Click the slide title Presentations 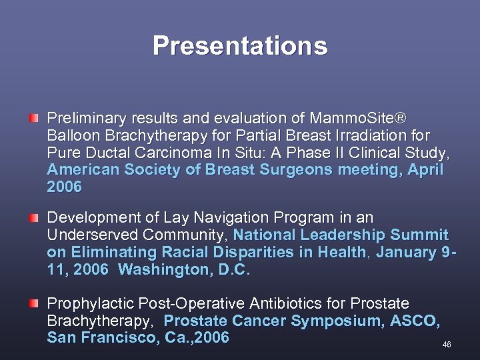click(240, 46)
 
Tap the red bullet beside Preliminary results click(34, 118)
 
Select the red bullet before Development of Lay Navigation click(34, 217)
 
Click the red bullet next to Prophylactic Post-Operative click(34, 303)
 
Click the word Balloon click(72, 136)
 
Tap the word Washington click(158, 270)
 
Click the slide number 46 click(447, 345)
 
